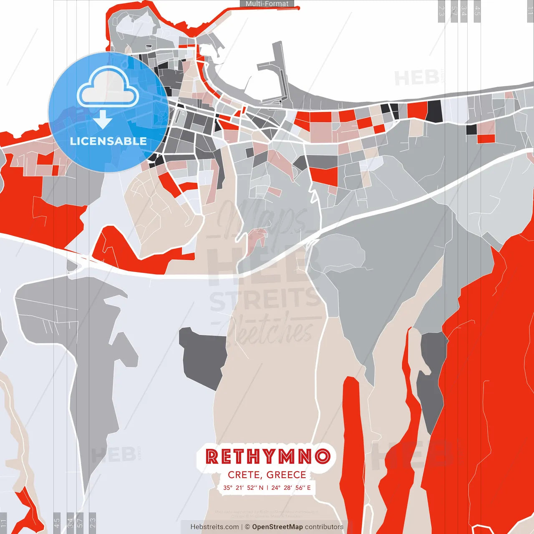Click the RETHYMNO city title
coord(267,456)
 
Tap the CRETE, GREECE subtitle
coord(267,475)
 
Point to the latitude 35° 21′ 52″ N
coord(243,488)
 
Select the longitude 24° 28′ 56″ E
coord(291,488)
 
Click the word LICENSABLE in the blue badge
coord(108,141)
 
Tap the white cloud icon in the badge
coord(108,88)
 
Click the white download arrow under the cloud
coord(103,119)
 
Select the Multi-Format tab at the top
coord(267,4)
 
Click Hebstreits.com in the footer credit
coord(214,527)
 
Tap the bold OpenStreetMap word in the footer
coord(277,527)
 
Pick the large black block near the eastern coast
coord(434,111)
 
